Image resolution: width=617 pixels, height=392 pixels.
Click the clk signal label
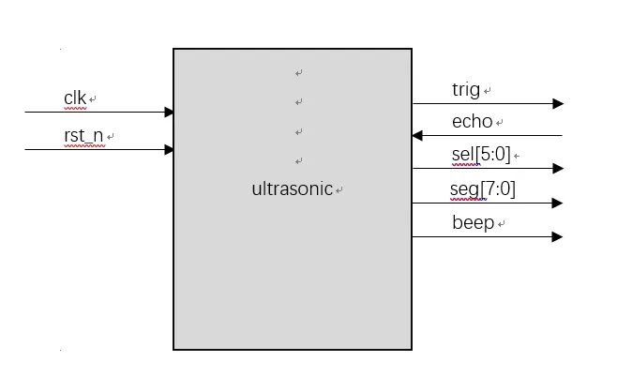pos(75,98)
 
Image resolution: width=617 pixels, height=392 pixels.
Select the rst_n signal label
pos(83,136)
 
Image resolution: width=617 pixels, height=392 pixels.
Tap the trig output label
pos(465,90)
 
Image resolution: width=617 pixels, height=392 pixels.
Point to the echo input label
pos(473,122)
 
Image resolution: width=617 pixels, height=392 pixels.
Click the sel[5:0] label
pos(481,155)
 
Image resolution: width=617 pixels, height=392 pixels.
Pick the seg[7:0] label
pos(482,189)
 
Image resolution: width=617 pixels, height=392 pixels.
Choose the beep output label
pos(473,223)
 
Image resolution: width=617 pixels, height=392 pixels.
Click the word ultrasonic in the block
pos(292,188)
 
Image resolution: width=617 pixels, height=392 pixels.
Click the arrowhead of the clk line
pos(169,113)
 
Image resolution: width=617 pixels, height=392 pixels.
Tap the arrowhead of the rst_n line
pos(169,149)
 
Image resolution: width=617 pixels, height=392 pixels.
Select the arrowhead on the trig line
pos(558,104)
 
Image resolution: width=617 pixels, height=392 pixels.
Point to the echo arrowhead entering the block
pos(417,136)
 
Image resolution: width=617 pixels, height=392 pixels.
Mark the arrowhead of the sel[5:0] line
pos(558,169)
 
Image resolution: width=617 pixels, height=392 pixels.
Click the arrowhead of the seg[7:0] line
pos(558,203)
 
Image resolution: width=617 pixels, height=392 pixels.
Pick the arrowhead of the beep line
pos(558,236)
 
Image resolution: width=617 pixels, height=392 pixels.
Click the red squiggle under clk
pos(75,108)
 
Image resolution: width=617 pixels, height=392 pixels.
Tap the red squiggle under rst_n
pos(83,146)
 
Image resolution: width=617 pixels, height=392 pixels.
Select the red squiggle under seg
pos(467,199)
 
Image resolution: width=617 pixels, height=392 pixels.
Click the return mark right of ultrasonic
pos(339,190)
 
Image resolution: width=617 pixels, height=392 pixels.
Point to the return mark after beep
pos(503,225)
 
